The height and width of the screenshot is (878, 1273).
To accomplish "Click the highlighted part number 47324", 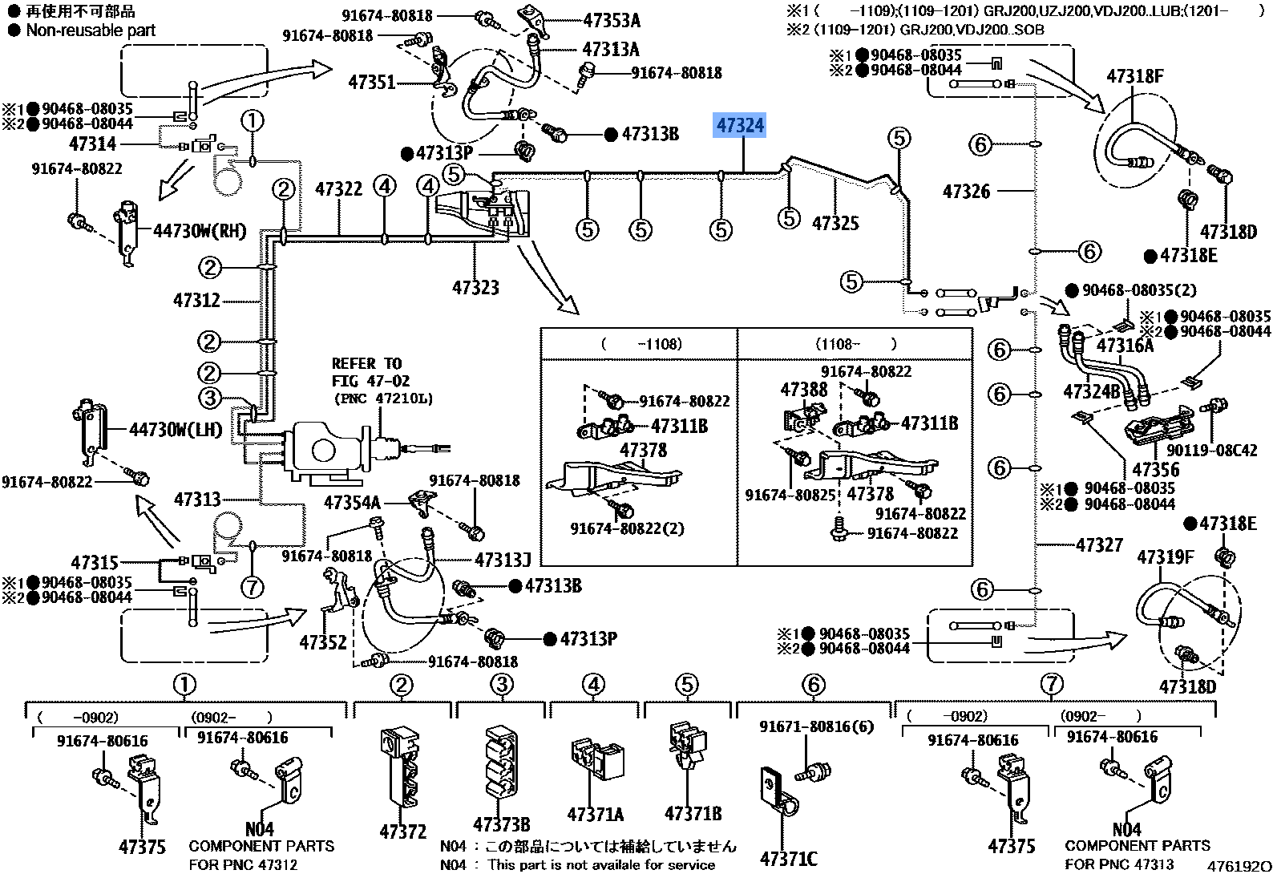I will [740, 126].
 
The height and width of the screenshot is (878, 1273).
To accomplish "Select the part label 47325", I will [835, 224].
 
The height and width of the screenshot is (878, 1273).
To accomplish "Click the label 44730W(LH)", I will [175, 430].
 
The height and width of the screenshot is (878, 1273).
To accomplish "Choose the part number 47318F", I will [1134, 76].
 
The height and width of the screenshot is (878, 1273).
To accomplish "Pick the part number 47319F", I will [1165, 556].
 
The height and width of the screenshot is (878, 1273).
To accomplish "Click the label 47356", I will [1155, 469].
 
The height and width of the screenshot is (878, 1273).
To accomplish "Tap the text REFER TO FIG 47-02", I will [381, 380].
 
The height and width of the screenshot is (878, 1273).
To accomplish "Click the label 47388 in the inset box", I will [803, 390].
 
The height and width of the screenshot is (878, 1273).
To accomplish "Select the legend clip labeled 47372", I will [403, 831].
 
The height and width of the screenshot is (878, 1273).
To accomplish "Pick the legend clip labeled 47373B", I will [501, 824].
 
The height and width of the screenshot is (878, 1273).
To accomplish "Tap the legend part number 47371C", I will [788, 859].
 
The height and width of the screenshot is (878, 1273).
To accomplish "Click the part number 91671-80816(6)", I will [815, 727].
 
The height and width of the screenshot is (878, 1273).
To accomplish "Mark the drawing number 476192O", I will [1239, 866].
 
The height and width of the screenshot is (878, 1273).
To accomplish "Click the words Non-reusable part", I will [91, 30].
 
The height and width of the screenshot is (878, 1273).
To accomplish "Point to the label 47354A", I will [351, 503].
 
